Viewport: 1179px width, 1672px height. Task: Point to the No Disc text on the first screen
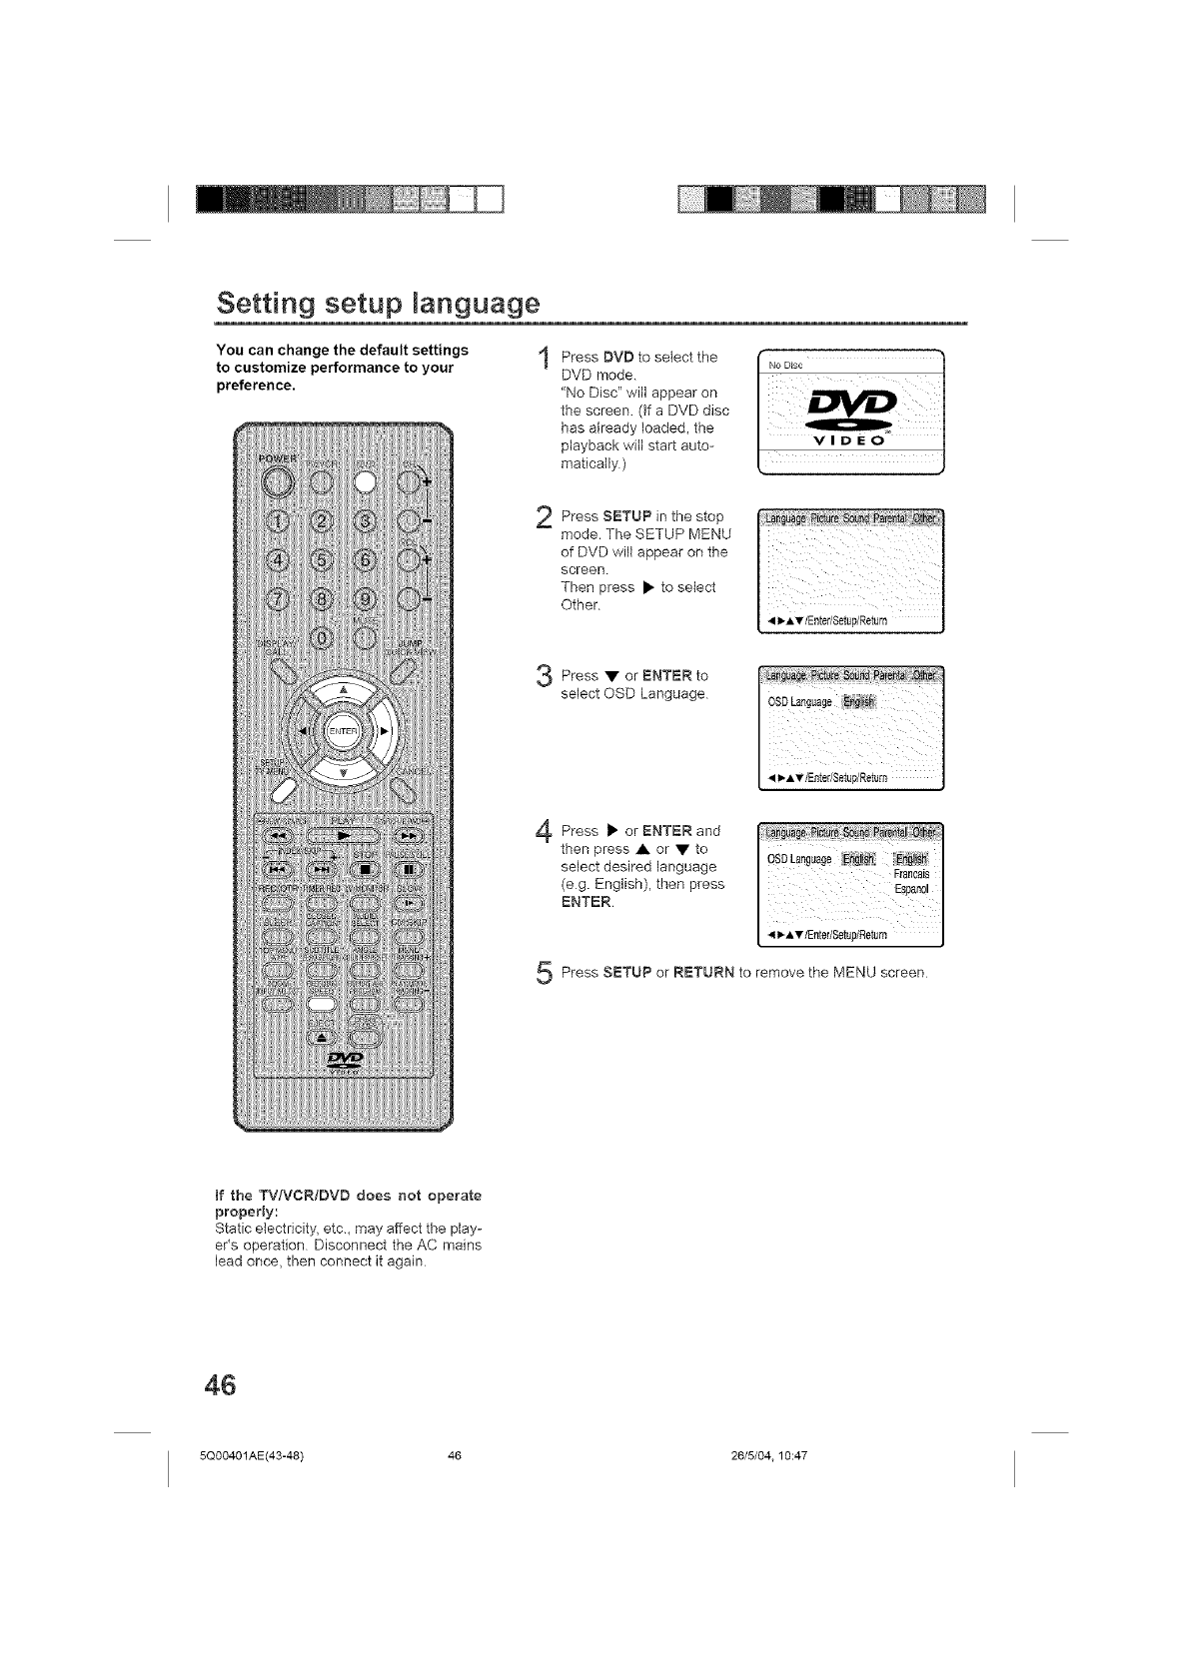(781, 365)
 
